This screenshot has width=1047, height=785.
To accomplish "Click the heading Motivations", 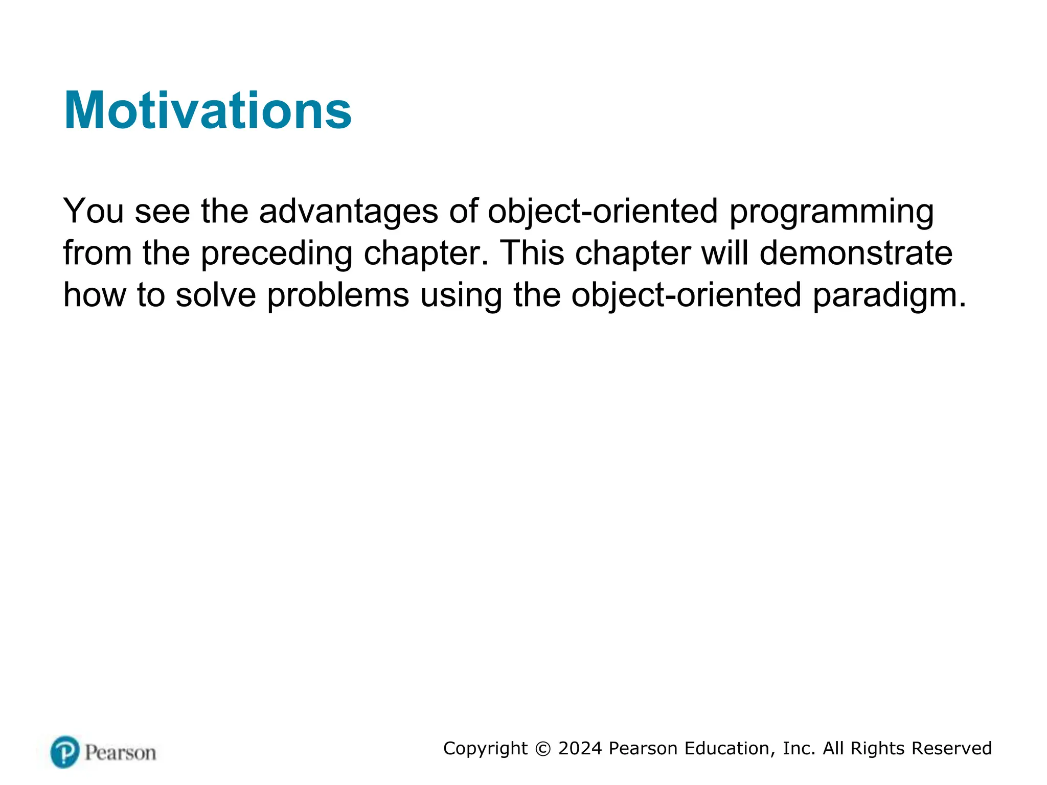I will [208, 110].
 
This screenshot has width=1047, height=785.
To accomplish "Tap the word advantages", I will [349, 212].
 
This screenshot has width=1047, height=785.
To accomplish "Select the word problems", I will [338, 296].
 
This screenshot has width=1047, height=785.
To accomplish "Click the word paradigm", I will [889, 296].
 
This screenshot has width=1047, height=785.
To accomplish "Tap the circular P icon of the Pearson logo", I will [65, 752].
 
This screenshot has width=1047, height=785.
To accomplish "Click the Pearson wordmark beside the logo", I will [120, 753].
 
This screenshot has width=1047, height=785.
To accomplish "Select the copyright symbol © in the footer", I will [543, 749].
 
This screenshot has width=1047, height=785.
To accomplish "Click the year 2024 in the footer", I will [580, 748].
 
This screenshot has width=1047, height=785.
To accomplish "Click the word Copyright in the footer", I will [485, 749].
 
